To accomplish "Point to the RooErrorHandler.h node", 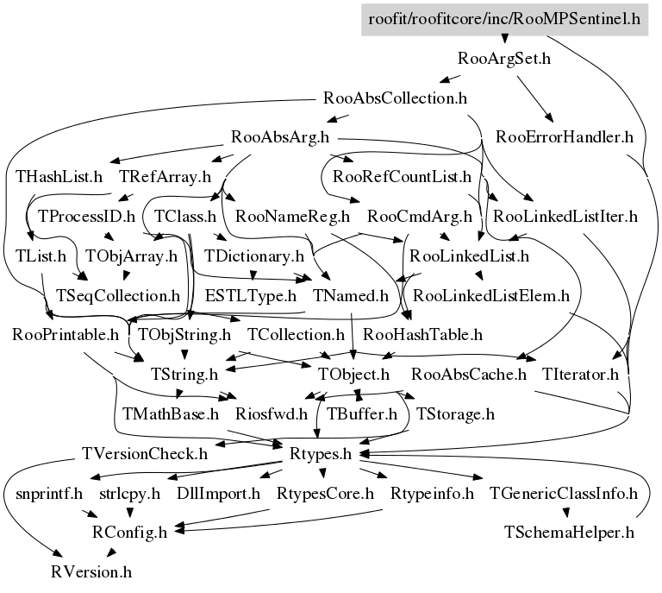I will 565,136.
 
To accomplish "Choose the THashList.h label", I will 59,177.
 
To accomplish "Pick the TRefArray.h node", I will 165,177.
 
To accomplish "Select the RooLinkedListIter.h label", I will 565,216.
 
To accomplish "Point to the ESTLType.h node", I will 253,295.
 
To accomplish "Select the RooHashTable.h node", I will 422,334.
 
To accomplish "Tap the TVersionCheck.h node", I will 144,453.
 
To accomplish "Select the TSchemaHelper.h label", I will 568,531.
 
